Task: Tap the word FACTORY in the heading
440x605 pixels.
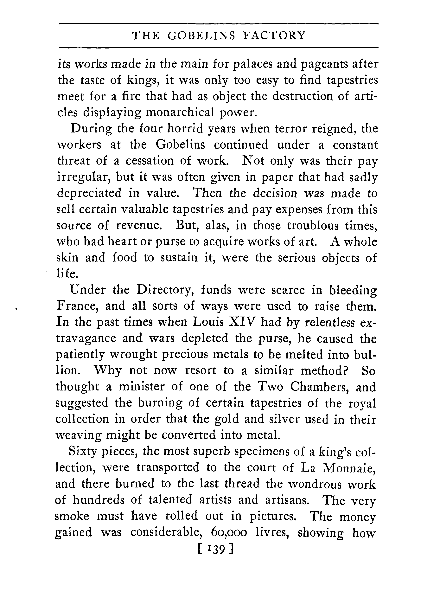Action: pyautogui.click(x=274, y=35)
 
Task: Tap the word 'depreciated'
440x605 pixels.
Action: pyautogui.click(x=89, y=193)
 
